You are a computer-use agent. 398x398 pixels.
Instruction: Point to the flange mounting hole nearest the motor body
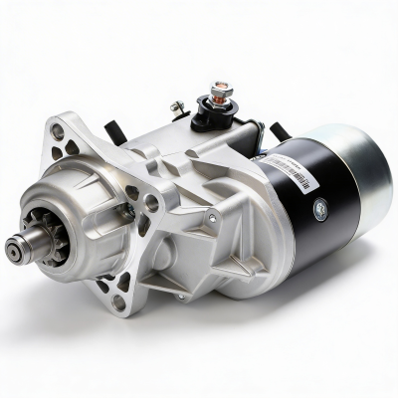pos(150,202)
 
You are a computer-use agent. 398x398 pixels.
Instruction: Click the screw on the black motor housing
pos(319,210)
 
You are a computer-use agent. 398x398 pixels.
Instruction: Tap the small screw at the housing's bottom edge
pos(180,296)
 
